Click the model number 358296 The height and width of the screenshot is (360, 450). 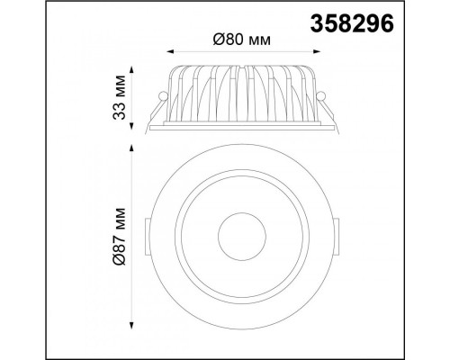[352, 23]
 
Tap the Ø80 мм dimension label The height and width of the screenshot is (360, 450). [242, 40]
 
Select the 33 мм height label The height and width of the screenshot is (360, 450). [119, 98]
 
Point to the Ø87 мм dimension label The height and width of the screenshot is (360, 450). [119, 236]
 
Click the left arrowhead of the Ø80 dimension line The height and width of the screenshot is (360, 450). [170, 51]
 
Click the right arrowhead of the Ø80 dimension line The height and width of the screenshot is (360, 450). [317, 51]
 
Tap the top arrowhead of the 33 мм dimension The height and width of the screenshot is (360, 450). [131, 70]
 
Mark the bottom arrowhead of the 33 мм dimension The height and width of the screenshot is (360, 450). [131, 126]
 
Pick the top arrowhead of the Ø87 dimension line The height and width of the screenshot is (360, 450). [131, 148]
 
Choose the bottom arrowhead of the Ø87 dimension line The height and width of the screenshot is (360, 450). [131, 326]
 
